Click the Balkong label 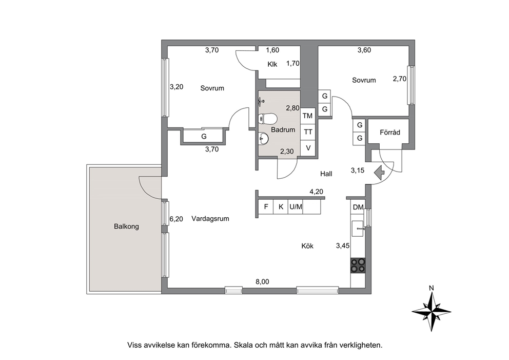(126, 226)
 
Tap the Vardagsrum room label (210, 219)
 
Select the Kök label (307, 246)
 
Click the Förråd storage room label (390, 132)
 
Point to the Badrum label (283, 129)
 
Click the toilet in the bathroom (267, 119)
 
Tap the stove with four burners (358, 265)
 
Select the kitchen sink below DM (358, 229)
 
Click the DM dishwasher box (358, 207)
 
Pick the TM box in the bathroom (307, 116)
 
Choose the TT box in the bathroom (308, 131)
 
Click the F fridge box (266, 206)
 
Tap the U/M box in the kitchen (296, 206)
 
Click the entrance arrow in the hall (379, 173)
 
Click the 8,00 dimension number (262, 282)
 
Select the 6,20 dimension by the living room (177, 219)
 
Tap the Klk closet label (272, 64)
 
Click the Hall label (326, 174)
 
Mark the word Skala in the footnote (243, 345)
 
